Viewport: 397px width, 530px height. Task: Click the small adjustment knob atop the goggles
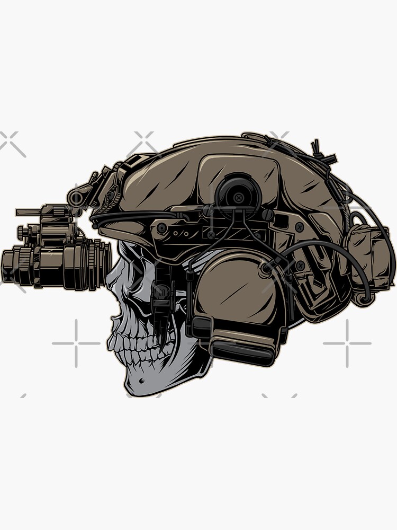coord(21,232)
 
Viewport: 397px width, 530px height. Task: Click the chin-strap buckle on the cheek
coord(161,297)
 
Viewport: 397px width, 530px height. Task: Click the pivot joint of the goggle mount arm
coord(77,198)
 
